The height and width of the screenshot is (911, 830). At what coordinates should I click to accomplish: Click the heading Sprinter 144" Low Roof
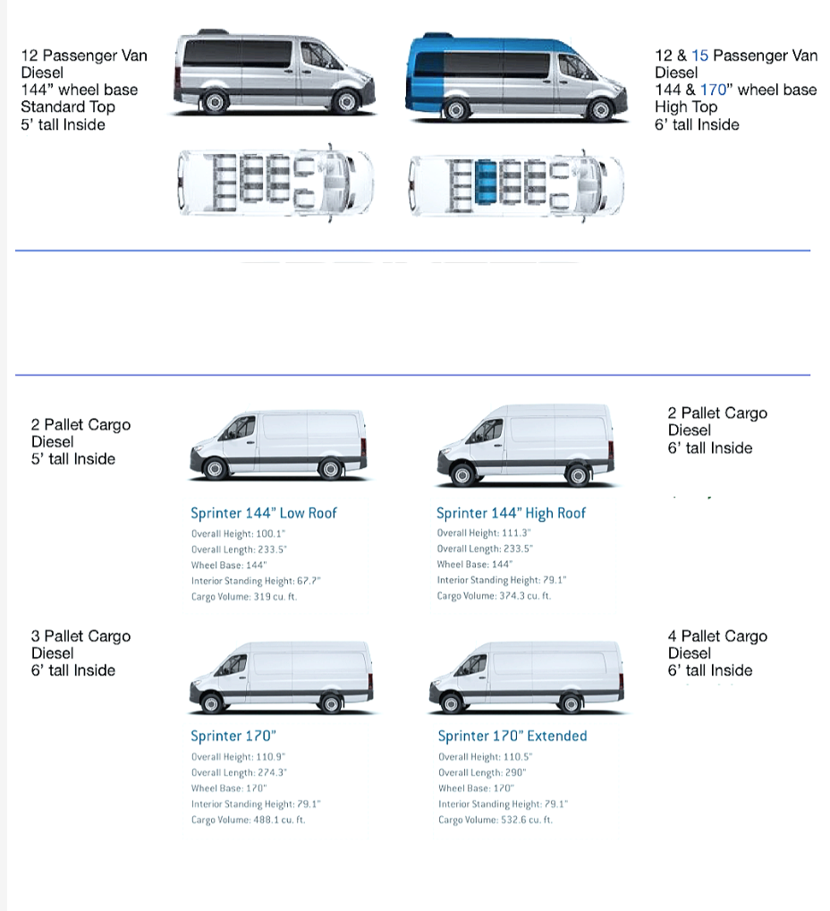pyautogui.click(x=263, y=513)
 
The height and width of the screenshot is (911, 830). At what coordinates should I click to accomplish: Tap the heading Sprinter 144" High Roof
pyautogui.click(x=511, y=513)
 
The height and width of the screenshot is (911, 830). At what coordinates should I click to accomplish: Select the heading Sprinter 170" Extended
pyautogui.click(x=512, y=736)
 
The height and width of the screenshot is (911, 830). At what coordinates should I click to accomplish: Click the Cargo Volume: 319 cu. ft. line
pyautogui.click(x=243, y=597)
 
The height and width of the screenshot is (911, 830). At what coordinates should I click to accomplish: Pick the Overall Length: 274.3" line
pyautogui.click(x=239, y=772)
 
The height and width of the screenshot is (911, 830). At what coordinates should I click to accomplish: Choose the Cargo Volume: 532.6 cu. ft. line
pyautogui.click(x=495, y=820)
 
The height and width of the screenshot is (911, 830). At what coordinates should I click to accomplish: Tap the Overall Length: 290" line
pyautogui.click(x=482, y=772)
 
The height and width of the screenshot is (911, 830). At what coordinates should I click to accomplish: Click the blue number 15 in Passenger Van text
pyautogui.click(x=699, y=55)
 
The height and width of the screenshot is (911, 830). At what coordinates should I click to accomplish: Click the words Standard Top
pyautogui.click(x=67, y=106)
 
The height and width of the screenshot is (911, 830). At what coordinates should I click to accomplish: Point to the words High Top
pyautogui.click(x=685, y=106)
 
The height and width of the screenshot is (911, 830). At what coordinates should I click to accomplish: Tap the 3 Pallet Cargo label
pyautogui.click(x=80, y=636)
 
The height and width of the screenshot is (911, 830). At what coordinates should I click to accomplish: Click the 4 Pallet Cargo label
pyautogui.click(x=716, y=636)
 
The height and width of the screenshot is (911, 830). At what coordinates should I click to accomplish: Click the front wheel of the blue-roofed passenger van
pyautogui.click(x=600, y=110)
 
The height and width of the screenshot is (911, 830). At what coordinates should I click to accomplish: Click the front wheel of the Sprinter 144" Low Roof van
pyautogui.click(x=215, y=468)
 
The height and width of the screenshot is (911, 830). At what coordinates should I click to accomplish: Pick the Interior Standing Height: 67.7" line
pyautogui.click(x=256, y=581)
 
